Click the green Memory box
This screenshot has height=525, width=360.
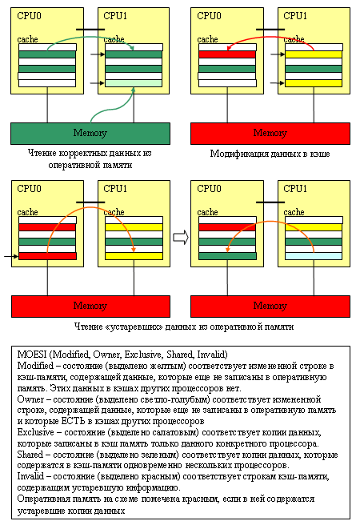pyautogui.click(x=90, y=133)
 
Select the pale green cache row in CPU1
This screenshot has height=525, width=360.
pyautogui.click(x=134, y=83)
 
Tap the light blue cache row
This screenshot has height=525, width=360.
pyautogui.click(x=314, y=256)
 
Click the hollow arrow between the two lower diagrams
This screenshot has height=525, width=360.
pyautogui.click(x=180, y=236)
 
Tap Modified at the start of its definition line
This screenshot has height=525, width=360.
pyautogui.click(x=34, y=365)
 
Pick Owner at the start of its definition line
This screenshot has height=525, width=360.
pyautogui.click(x=30, y=397)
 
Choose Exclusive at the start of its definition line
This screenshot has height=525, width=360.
pyautogui.click(x=36, y=428)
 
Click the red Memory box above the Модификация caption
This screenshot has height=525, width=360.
pyautogui.click(x=270, y=133)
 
